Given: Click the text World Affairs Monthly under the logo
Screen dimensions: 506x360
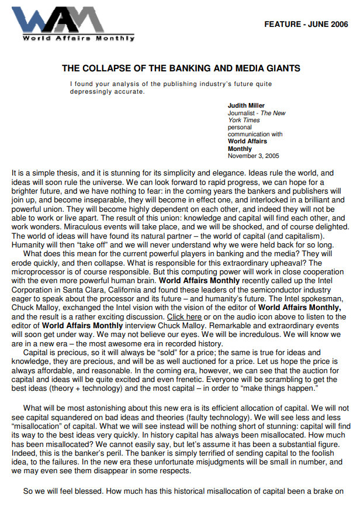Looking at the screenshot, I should pyautogui.click(x=78, y=39).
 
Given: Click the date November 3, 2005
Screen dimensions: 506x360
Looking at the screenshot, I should pyautogui.click(x=253, y=156).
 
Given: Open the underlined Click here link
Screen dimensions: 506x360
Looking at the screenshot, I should pyautogui.click(x=185, y=316).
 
